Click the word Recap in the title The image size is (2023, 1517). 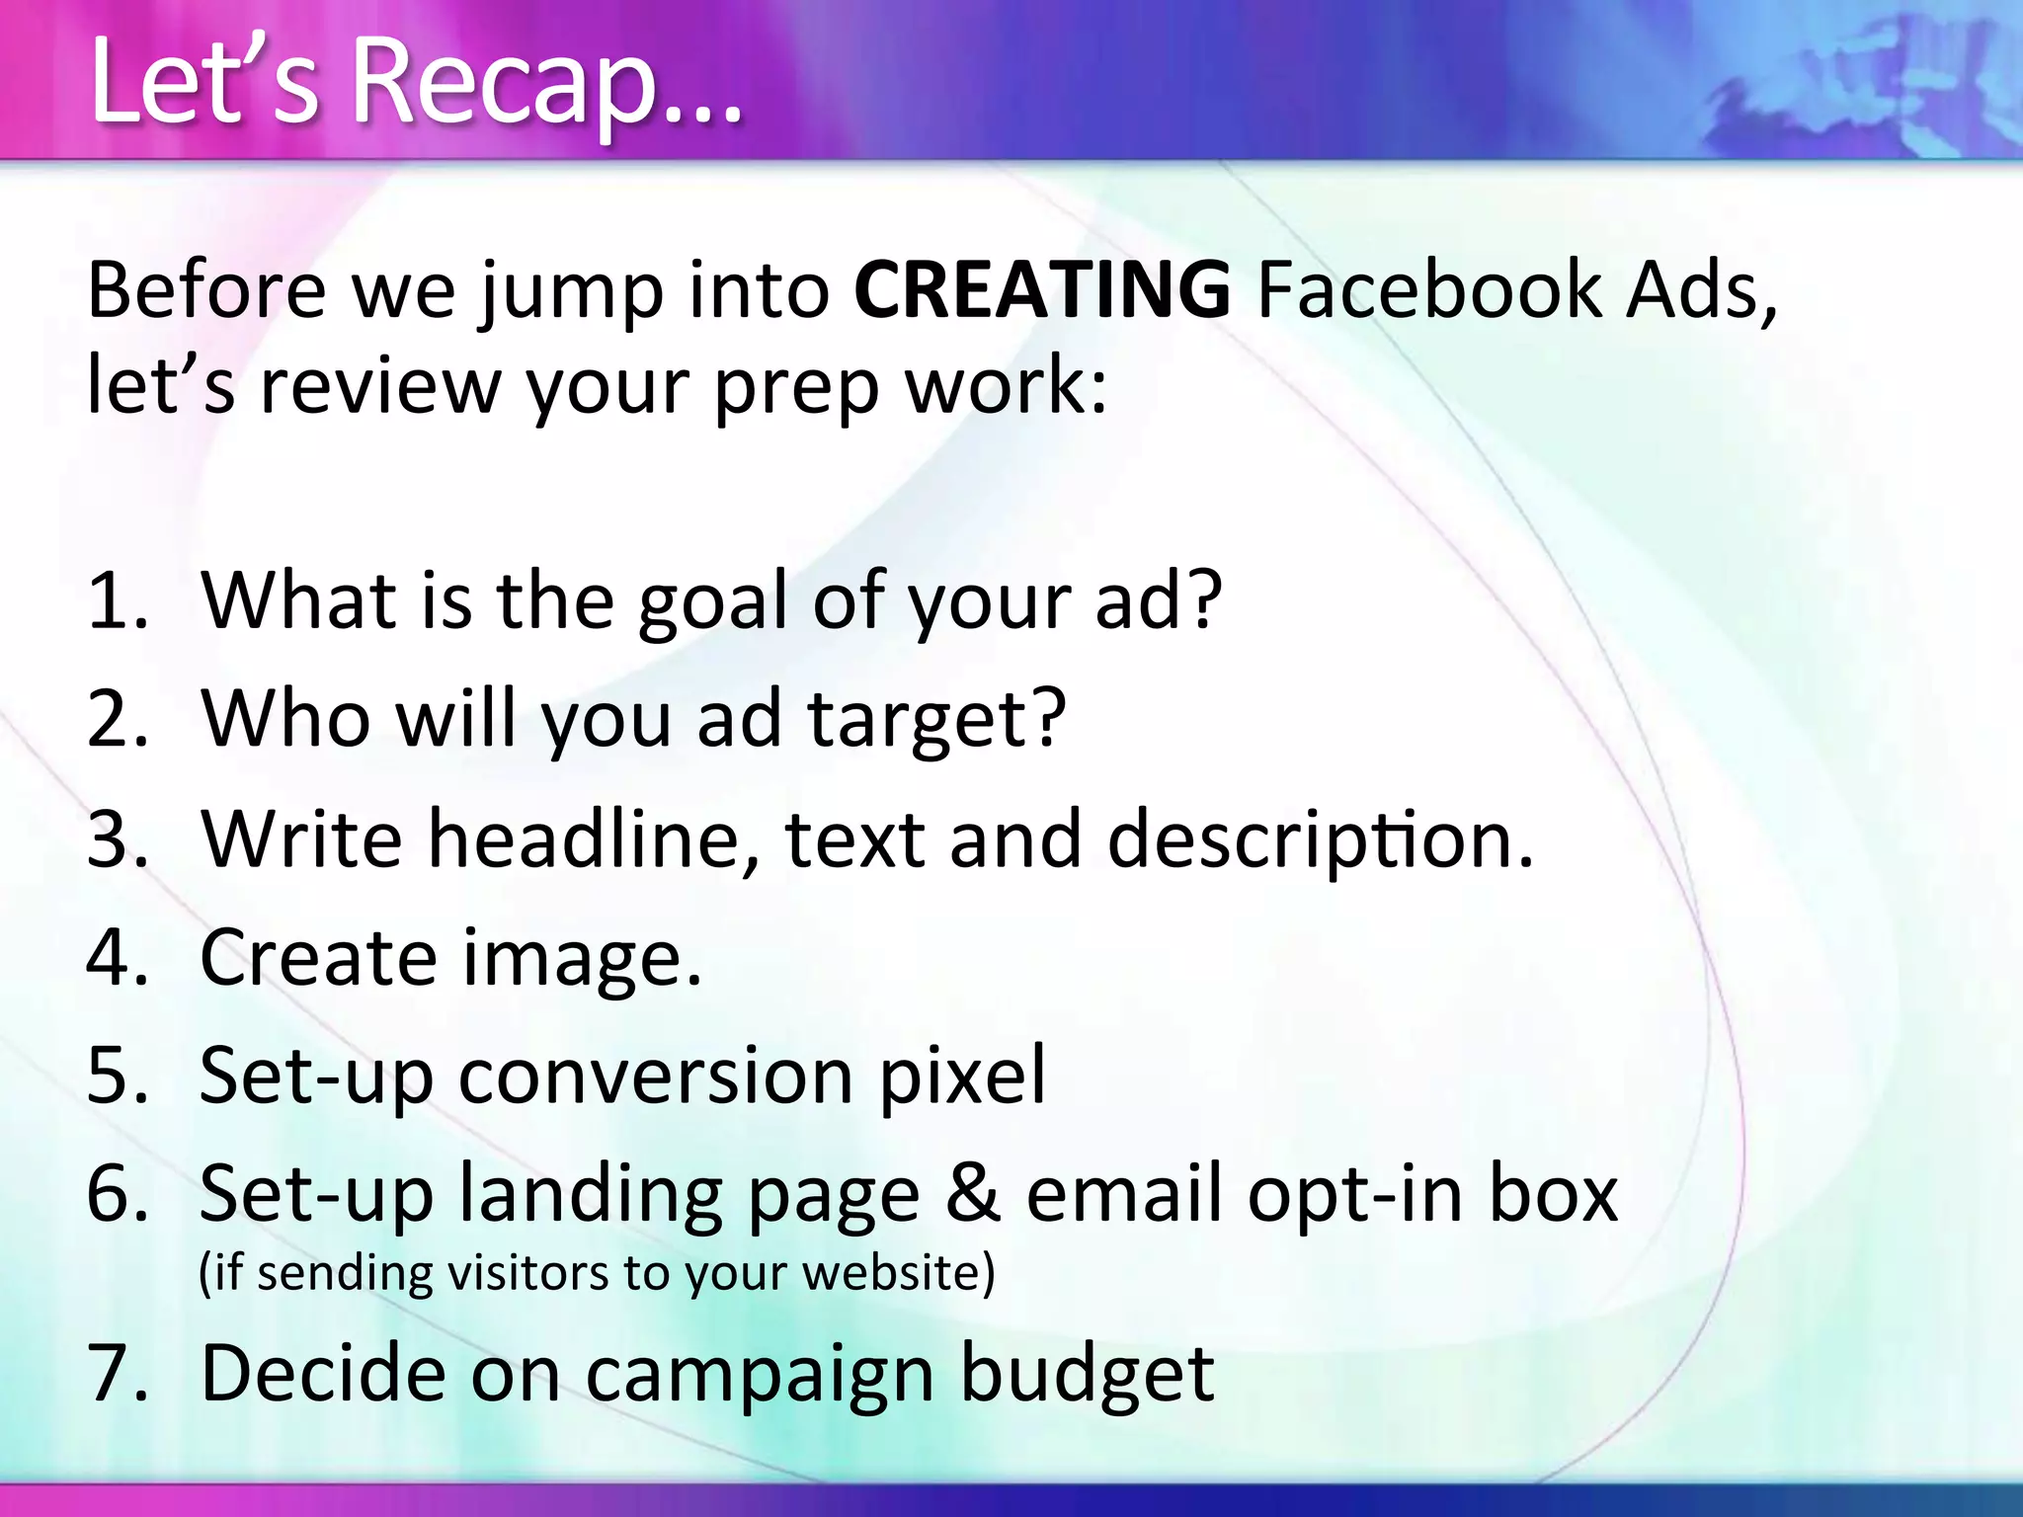tap(504, 83)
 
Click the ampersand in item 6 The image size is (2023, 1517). tap(972, 1193)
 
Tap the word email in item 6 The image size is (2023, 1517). tap(1126, 1193)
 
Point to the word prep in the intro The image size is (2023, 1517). tap(796, 387)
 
